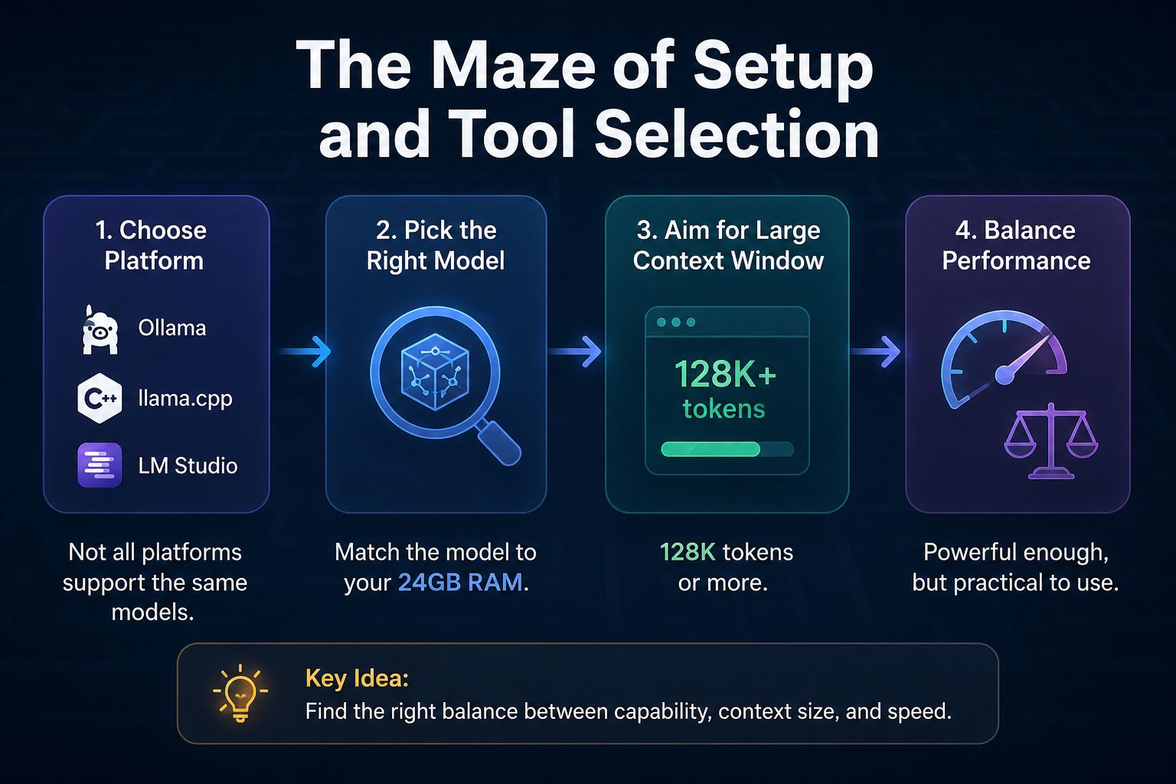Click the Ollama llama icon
tap(100, 329)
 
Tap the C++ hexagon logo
tap(100, 398)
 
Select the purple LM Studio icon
tap(100, 465)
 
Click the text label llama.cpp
tap(185, 399)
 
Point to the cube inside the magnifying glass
tap(435, 372)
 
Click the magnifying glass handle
tap(498, 443)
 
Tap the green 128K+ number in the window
tap(725, 374)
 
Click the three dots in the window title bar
tap(676, 322)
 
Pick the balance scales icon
tap(1051, 441)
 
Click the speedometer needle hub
tap(1004, 375)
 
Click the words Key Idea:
tap(357, 678)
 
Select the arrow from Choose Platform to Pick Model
tap(305, 351)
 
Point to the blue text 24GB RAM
tap(460, 583)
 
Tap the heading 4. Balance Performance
tap(1016, 245)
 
